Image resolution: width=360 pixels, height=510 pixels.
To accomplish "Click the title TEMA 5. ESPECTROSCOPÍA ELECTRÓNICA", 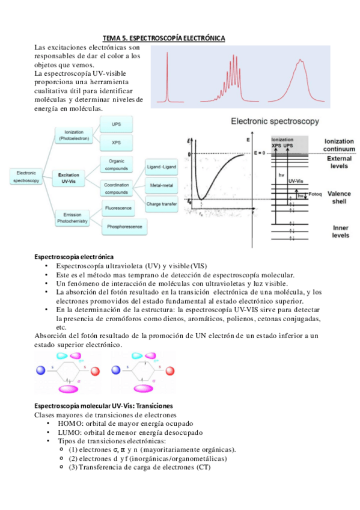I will [163, 38].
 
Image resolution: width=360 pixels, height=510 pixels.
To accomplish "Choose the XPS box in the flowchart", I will [115, 143].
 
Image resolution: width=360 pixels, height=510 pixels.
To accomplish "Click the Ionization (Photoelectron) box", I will [75, 135].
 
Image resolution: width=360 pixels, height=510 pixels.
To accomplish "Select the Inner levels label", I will [340, 232].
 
